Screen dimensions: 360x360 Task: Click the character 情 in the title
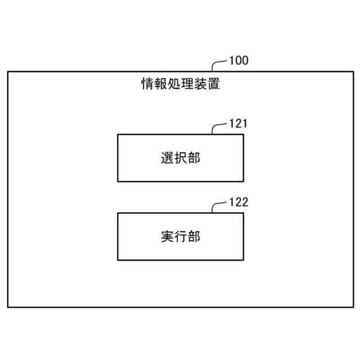tap(147, 85)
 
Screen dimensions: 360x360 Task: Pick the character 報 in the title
tap(160, 85)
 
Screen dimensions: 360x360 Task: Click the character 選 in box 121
tap(166, 158)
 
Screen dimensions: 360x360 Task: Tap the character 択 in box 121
tap(180, 158)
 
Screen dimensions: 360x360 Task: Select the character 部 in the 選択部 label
tap(193, 158)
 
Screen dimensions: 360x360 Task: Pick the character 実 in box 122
tap(166, 236)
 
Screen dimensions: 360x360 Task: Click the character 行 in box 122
tap(180, 236)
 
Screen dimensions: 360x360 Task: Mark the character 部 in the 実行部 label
tap(193, 236)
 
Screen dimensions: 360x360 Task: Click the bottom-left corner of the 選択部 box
tap(118, 181)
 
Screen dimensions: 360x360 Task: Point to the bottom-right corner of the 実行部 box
tap(244, 260)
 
